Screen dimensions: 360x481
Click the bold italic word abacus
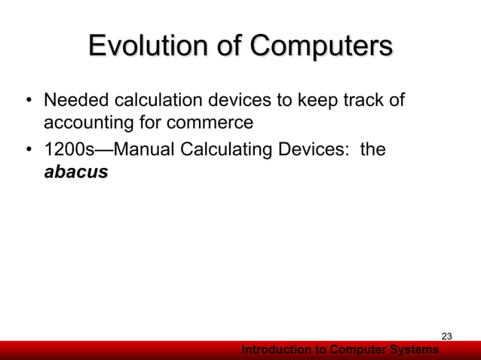[x=76, y=172]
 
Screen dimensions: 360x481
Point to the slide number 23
[x=446, y=336]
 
